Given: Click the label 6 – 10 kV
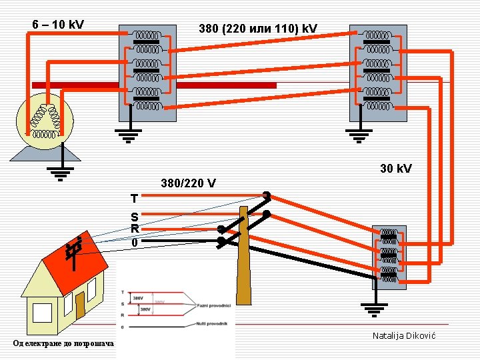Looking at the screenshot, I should [58, 25].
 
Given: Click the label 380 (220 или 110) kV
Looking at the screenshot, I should [258, 29].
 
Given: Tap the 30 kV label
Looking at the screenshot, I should [396, 169].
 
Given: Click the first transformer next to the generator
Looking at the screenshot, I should [147, 73].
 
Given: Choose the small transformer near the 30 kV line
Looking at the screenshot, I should [389, 256].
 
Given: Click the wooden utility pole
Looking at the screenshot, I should [244, 267].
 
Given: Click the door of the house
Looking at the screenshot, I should [80, 306].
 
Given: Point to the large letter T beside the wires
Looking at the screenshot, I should [135, 199].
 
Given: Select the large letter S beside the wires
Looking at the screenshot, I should [135, 217].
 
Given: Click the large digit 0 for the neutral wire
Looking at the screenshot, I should [135, 243].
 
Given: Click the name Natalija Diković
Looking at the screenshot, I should [403, 335].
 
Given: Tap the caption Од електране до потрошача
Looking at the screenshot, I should [63, 343].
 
